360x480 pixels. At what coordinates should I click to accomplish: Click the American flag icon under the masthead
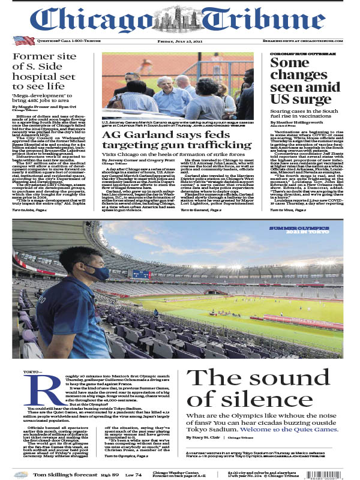point(23,41)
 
